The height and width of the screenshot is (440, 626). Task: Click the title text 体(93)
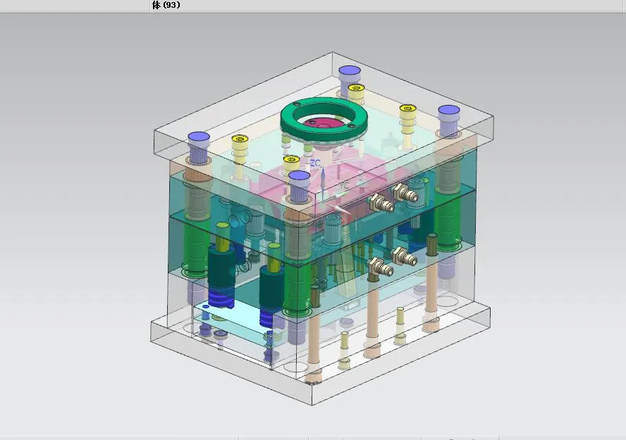[166, 5]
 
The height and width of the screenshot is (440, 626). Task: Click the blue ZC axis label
[315, 163]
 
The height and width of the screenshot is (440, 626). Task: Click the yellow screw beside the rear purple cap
[356, 89]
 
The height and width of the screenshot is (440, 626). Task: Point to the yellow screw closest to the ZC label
[291, 161]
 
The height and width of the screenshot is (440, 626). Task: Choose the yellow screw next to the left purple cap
[240, 140]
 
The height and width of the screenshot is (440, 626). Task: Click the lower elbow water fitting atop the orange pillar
[378, 267]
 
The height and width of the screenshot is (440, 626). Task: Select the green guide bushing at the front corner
[297, 289]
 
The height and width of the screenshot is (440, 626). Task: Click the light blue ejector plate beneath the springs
[233, 320]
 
